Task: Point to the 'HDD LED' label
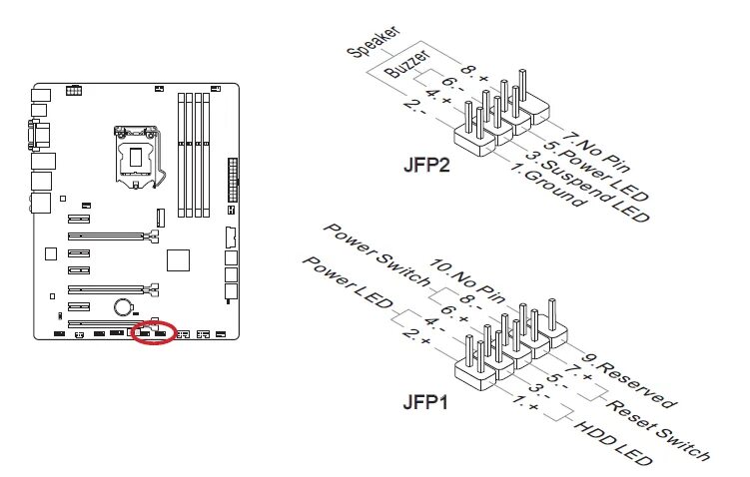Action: (615, 445)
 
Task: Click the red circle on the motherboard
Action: (153, 330)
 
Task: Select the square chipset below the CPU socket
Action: (177, 258)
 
